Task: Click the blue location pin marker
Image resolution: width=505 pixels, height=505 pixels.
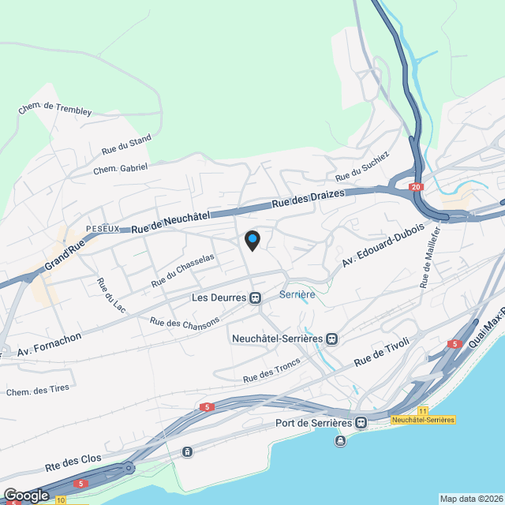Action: tap(252, 240)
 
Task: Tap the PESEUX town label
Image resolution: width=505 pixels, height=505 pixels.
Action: tap(103, 228)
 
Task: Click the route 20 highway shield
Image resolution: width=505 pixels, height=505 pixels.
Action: tap(416, 187)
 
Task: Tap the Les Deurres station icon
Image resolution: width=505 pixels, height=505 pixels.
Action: tap(255, 298)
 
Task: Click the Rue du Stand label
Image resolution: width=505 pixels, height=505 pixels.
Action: tap(126, 144)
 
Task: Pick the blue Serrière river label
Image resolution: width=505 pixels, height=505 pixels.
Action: tap(297, 294)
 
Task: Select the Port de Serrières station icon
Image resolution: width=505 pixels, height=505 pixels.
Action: tap(361, 423)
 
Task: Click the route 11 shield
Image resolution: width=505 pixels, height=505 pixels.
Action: tap(423, 411)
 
